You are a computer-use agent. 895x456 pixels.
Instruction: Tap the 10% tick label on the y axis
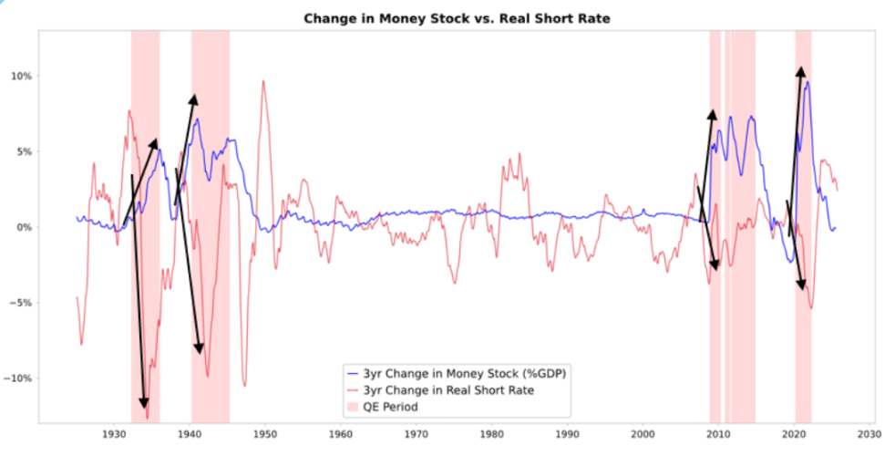click(20, 76)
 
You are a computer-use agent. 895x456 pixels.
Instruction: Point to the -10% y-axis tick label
click(18, 378)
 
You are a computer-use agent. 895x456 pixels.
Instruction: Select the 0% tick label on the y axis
click(23, 227)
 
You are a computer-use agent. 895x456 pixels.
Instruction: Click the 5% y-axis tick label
click(23, 151)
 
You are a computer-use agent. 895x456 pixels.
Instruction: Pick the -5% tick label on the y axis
click(21, 303)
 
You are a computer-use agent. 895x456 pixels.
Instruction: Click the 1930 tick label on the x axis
click(115, 436)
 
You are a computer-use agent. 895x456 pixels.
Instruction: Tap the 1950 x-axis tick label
click(266, 436)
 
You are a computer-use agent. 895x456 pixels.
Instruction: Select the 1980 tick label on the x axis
click(492, 436)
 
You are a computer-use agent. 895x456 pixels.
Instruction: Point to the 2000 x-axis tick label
click(643, 436)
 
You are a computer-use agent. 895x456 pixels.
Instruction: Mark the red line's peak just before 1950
click(263, 81)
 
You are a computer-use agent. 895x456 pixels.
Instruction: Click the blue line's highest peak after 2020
click(806, 82)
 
